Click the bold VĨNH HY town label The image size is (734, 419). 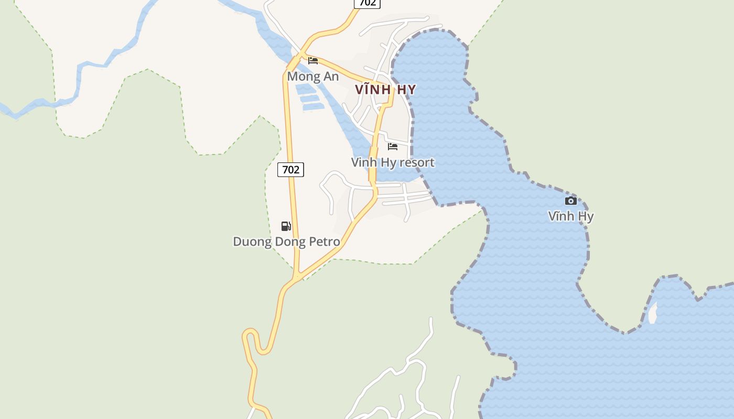[385, 90]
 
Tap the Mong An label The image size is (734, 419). [313, 76]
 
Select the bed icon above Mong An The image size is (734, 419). [313, 61]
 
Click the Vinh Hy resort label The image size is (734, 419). [393, 162]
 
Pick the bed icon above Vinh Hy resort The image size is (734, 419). [393, 147]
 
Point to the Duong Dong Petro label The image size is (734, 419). [286, 242]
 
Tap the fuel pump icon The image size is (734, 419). [286, 226]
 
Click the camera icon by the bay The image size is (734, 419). [571, 201]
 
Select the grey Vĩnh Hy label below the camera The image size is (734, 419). [571, 216]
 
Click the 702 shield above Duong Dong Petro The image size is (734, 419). [290, 170]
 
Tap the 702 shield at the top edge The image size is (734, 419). [367, 3]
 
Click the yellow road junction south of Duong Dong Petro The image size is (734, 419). [297, 276]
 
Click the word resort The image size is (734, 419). [416, 162]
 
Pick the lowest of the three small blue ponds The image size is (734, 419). [314, 107]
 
